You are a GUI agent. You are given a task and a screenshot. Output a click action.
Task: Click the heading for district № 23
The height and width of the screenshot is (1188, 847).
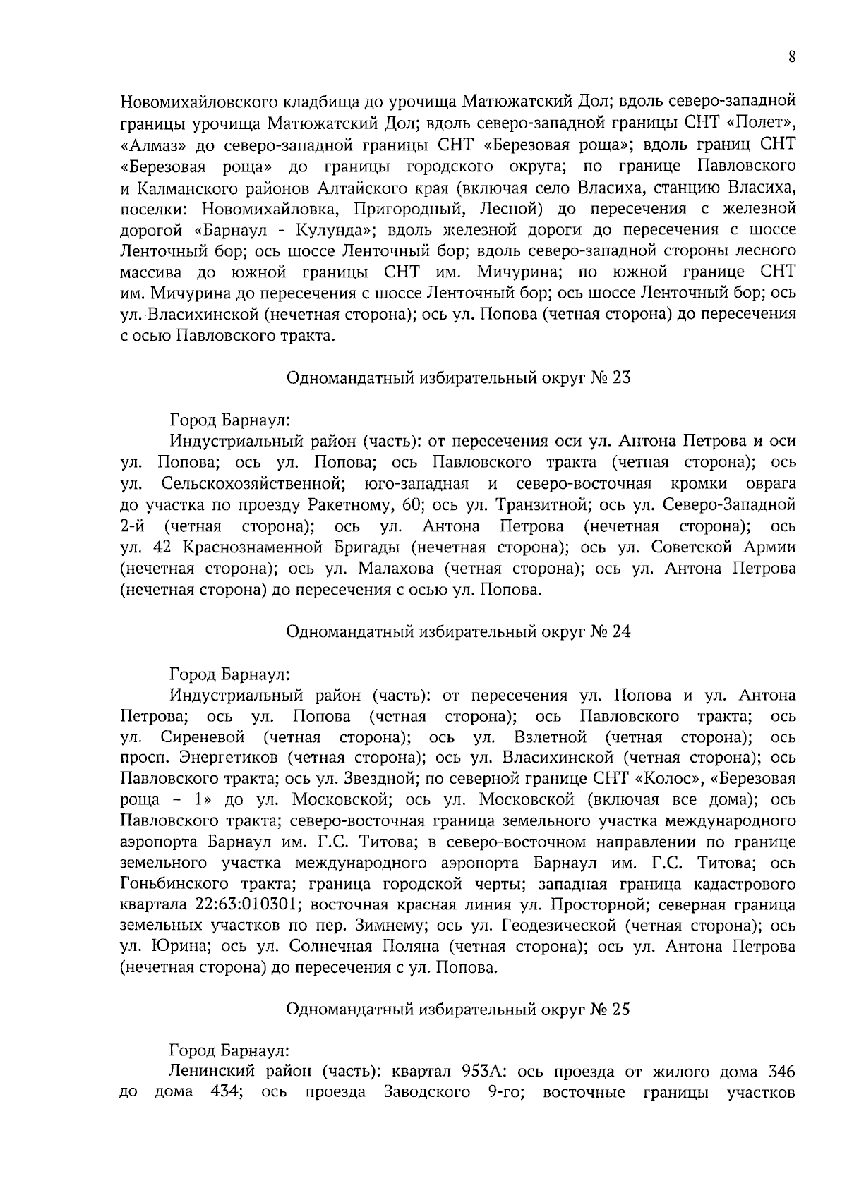point(458,377)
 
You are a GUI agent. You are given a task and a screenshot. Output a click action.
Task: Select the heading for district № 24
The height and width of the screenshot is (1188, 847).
point(458,631)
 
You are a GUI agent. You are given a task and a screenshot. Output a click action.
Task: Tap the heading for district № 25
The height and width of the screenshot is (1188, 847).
point(458,1010)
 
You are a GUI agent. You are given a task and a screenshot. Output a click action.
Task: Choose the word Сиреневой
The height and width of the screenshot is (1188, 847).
point(203,737)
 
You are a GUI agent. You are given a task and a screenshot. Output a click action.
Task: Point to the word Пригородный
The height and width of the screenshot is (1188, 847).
point(409,209)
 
